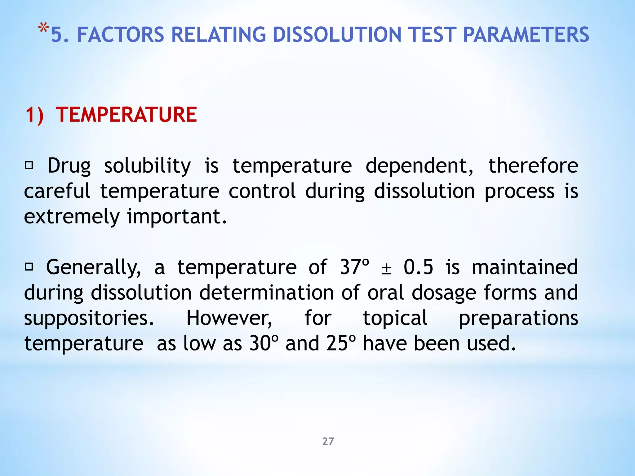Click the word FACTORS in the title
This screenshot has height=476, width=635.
click(x=120, y=35)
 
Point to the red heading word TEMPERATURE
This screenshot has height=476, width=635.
click(x=126, y=115)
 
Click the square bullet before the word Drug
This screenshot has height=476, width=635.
click(x=29, y=165)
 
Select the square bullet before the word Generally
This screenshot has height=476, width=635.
click(x=29, y=267)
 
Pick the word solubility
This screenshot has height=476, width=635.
click(x=147, y=166)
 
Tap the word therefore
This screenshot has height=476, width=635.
click(x=533, y=166)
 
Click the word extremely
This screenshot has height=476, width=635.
click(x=72, y=217)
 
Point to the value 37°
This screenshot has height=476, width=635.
click(x=355, y=267)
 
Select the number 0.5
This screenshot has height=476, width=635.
click(x=418, y=267)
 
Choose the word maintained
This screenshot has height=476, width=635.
click(x=525, y=267)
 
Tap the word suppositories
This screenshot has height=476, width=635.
click(x=89, y=319)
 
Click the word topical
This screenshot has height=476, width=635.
click(x=395, y=318)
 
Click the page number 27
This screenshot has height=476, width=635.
click(x=328, y=441)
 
